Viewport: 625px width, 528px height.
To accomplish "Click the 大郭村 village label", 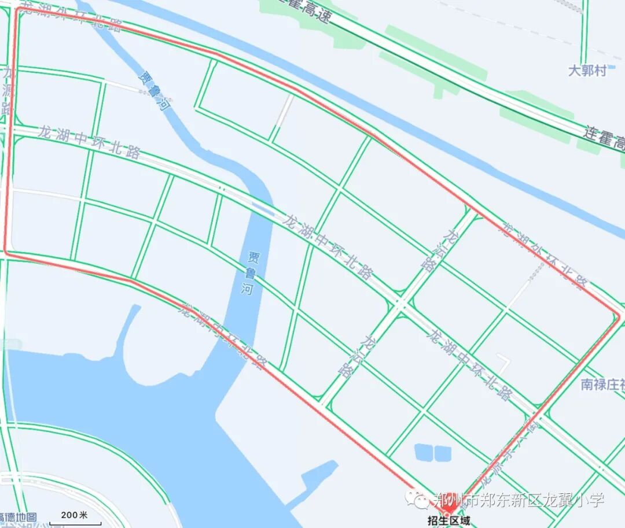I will tap(587, 71).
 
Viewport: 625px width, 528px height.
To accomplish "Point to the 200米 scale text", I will tap(74, 515).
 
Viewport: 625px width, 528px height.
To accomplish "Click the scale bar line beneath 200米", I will tap(75, 523).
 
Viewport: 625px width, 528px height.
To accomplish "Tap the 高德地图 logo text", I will tap(19, 517).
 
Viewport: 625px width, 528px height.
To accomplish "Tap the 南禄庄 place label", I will tap(602, 384).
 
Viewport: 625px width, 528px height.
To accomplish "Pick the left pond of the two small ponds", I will tap(424, 452).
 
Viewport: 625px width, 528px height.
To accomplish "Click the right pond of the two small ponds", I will tap(443, 452).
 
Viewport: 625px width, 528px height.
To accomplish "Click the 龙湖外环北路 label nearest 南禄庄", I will tap(544, 254).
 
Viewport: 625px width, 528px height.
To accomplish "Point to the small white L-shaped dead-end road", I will tap(503, 363).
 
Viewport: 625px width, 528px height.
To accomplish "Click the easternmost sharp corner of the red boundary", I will tap(619, 316).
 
